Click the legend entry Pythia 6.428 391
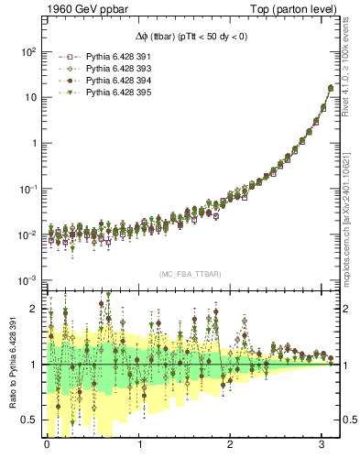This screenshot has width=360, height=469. click(x=106, y=57)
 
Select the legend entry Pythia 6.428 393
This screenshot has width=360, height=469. click(x=106, y=69)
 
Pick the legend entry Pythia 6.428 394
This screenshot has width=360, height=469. click(x=106, y=81)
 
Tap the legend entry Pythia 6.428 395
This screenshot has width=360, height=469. click(x=106, y=93)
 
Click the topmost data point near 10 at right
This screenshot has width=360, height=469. click(x=331, y=88)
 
